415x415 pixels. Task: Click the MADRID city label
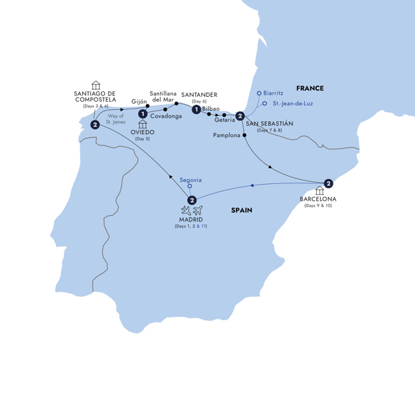coord(192,220)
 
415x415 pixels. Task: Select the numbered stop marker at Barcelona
coord(329,183)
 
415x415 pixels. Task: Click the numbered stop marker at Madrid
coord(192,201)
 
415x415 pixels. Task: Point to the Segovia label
coord(190,179)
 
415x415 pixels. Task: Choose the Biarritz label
coord(273,93)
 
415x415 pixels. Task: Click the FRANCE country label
coord(310,88)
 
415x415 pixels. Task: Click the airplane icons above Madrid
coord(192,210)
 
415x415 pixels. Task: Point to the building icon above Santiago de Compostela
coord(96,85)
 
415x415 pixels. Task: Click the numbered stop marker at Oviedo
coord(142,114)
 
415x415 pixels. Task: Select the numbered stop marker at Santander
coord(197,109)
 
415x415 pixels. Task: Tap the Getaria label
coord(225,120)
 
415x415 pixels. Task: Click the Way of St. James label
coord(114,118)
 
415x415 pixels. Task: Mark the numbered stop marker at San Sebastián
coord(239,116)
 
